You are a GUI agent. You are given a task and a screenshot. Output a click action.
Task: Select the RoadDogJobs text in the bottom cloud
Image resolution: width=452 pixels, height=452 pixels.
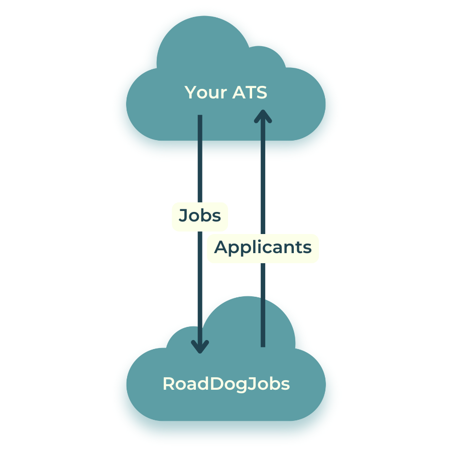tap(226, 384)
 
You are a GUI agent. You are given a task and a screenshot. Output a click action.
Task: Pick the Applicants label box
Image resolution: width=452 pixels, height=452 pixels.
tap(263, 248)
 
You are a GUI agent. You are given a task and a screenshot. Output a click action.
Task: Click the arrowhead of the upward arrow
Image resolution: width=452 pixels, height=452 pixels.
tap(263, 117)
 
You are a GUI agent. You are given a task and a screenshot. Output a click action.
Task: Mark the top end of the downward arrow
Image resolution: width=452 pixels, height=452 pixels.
tap(200, 117)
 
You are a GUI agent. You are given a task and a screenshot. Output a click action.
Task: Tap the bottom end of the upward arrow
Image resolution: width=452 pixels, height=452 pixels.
tap(263, 346)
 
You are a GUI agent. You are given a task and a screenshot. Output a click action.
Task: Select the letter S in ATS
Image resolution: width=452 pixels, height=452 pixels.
tap(261, 93)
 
